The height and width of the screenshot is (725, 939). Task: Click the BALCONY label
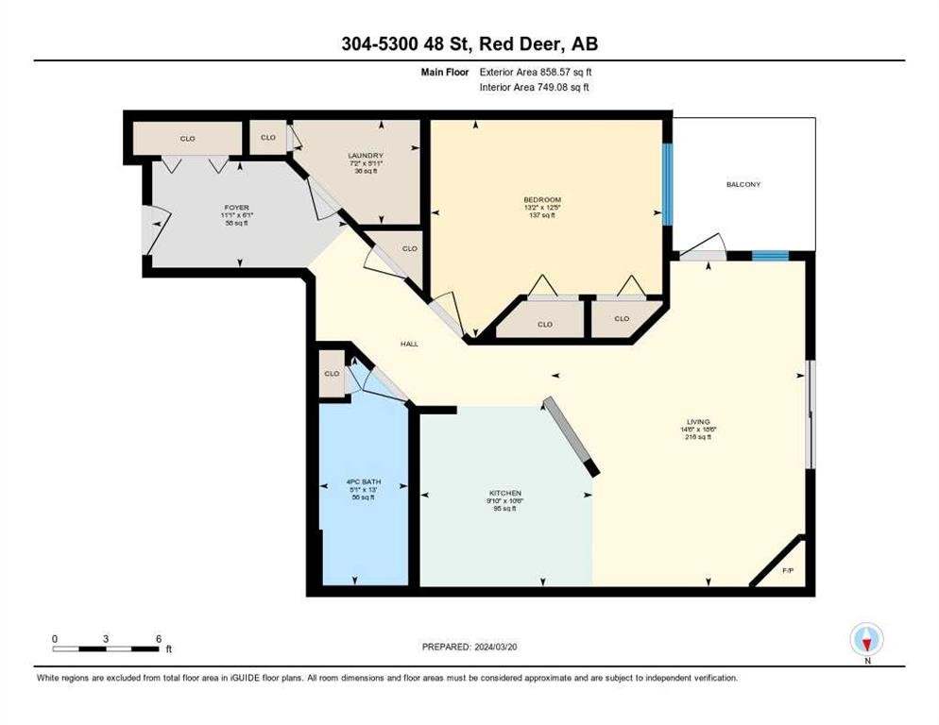click(x=743, y=184)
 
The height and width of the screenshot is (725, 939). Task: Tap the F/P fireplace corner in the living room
click(x=789, y=571)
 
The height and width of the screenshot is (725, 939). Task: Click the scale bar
click(x=106, y=649)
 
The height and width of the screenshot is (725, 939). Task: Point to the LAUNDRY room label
click(x=365, y=156)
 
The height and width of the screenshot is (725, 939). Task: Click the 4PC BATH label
click(x=363, y=484)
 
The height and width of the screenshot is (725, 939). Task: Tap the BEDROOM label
click(x=542, y=199)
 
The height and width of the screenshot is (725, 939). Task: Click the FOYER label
click(x=236, y=207)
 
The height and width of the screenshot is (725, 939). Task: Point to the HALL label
click(x=409, y=344)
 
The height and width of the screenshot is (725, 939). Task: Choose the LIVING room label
click(x=698, y=422)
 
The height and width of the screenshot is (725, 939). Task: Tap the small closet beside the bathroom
click(x=332, y=373)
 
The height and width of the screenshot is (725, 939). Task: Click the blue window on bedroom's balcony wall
click(x=668, y=183)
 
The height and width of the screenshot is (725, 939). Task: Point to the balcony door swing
click(x=703, y=248)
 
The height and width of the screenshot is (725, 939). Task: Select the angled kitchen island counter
click(x=572, y=435)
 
